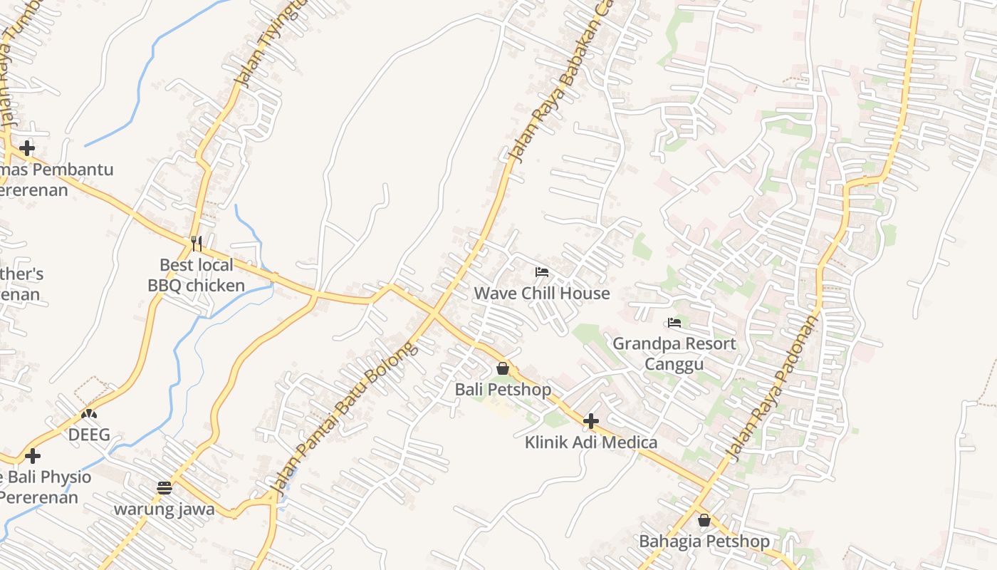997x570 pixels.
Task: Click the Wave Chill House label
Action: pyautogui.click(x=542, y=293)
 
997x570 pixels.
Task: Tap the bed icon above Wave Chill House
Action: pyautogui.click(x=542, y=271)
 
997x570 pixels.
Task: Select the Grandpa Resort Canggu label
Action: pyautogui.click(x=674, y=353)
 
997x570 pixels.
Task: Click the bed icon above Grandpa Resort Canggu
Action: pyautogui.click(x=674, y=322)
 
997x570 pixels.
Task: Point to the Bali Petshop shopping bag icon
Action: pyautogui.click(x=503, y=368)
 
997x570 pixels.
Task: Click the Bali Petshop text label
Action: pyautogui.click(x=503, y=390)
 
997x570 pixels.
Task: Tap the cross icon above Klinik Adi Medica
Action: pyautogui.click(x=590, y=421)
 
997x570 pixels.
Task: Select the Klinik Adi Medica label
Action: pyautogui.click(x=591, y=442)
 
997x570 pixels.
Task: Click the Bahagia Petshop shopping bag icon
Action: pyautogui.click(x=704, y=520)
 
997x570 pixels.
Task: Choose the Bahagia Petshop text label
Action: pyautogui.click(x=704, y=541)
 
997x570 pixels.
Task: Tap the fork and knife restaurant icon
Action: pyautogui.click(x=197, y=244)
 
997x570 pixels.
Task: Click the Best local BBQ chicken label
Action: pyautogui.click(x=196, y=275)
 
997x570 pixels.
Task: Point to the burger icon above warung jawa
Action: pyautogui.click(x=165, y=488)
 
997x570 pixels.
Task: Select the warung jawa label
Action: pyautogui.click(x=165, y=509)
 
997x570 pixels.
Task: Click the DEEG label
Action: pyautogui.click(x=89, y=435)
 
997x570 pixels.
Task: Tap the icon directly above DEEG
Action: pyautogui.click(x=89, y=413)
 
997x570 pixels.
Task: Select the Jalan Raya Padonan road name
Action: pyautogui.click(x=771, y=385)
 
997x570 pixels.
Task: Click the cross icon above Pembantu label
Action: pyautogui.click(x=27, y=148)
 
